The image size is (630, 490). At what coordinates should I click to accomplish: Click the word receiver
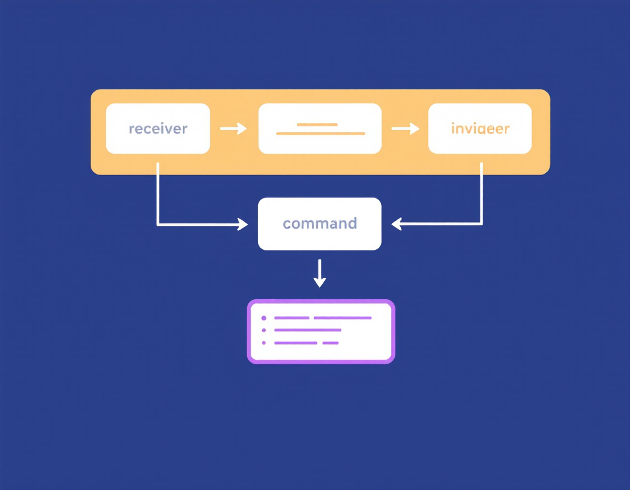[x=158, y=129]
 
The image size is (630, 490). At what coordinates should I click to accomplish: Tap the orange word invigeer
[x=480, y=129]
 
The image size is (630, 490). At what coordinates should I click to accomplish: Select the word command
[x=320, y=224]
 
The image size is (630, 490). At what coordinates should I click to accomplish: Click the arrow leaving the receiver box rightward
[x=234, y=129]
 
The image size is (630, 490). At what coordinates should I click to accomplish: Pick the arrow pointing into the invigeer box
[x=405, y=129]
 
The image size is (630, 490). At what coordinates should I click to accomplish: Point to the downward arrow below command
[x=320, y=273]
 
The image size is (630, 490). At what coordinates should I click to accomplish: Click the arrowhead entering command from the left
[x=243, y=224]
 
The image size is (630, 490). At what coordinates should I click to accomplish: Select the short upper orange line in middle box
[x=317, y=125]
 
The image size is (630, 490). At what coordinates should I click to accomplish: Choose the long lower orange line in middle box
[x=320, y=133]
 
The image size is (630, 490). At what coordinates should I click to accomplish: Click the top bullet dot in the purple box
[x=264, y=318]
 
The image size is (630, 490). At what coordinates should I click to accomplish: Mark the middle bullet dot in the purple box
[x=264, y=330]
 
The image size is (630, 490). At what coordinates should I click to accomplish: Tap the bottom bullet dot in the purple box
[x=264, y=343]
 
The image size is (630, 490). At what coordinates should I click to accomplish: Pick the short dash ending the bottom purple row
[x=330, y=343]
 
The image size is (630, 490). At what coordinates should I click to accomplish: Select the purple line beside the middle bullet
[x=307, y=330]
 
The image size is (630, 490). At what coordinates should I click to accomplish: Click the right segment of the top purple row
[x=342, y=318]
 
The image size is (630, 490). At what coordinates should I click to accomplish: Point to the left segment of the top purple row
[x=291, y=318]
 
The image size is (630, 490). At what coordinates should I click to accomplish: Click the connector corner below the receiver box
[x=158, y=224]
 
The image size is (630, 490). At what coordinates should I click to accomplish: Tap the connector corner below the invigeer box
[x=482, y=224]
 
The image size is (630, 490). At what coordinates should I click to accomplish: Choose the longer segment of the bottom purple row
[x=295, y=343]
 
